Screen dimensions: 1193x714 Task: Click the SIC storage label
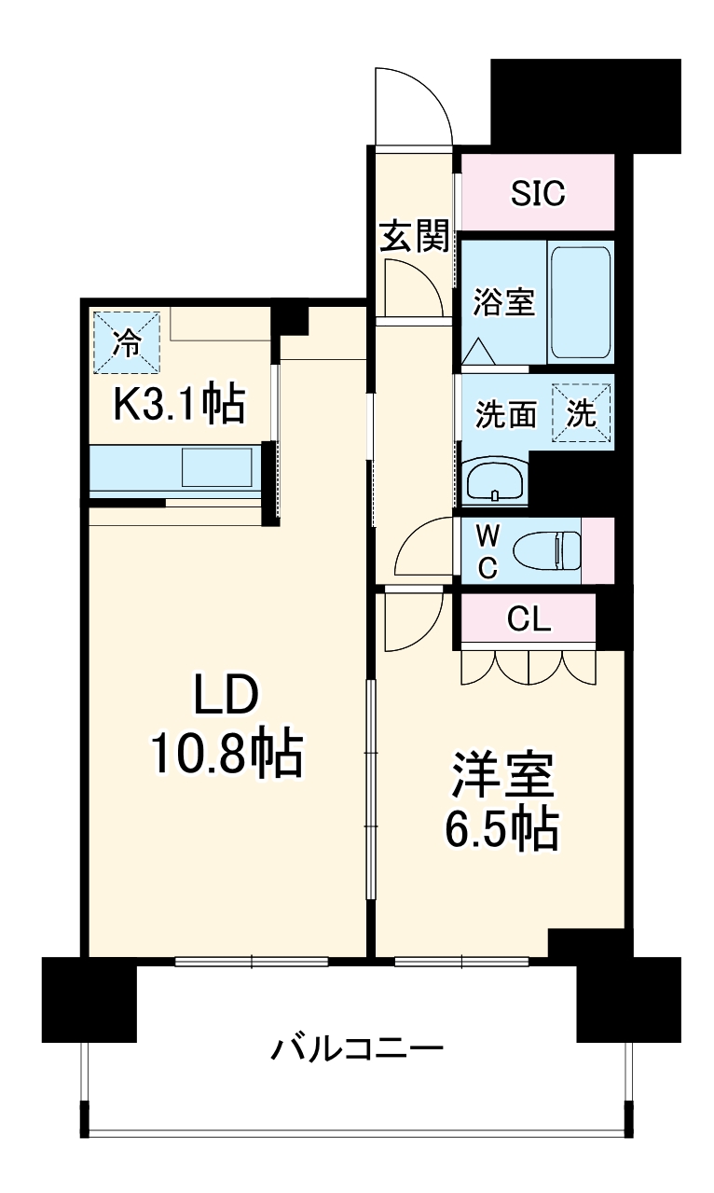coord(538,193)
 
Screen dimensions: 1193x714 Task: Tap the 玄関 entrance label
coord(414,237)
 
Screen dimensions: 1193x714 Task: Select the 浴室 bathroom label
coord(503,302)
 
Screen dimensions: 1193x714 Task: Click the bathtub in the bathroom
coord(580,301)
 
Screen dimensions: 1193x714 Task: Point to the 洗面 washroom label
coord(506,415)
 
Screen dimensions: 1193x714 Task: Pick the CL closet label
coord(529,618)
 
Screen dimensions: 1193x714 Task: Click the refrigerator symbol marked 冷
coord(126,343)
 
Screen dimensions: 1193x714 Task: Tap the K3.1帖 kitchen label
coord(179,405)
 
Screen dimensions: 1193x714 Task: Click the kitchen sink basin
coord(216,466)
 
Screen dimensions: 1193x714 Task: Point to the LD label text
coord(225,697)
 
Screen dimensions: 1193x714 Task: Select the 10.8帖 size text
coord(227,755)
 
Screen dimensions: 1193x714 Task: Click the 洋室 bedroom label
coord(503,773)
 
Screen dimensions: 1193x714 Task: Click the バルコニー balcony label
coord(357,1050)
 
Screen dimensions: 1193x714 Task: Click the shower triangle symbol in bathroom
coord(481,351)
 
